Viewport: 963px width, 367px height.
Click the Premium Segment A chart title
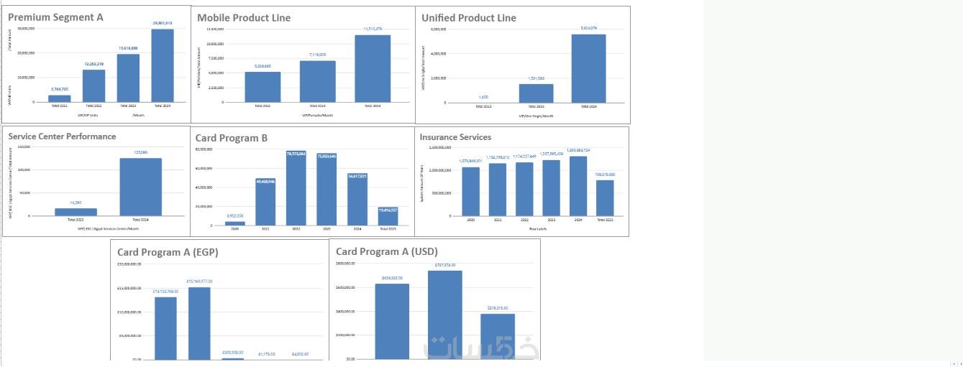(55, 17)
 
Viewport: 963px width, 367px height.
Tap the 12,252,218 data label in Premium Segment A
(93, 64)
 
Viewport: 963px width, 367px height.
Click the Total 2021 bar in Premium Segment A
(60, 98)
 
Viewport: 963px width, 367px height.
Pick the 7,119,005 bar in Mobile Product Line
(318, 81)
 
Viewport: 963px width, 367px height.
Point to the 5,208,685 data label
(263, 66)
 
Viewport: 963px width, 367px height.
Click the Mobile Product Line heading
(244, 17)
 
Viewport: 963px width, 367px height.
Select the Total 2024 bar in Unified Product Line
(588, 68)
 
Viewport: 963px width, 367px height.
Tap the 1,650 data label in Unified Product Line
(483, 97)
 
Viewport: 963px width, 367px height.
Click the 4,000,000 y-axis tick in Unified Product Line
(439, 53)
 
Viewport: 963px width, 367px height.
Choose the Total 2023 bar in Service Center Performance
(76, 212)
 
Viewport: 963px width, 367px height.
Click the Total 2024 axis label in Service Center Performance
(141, 220)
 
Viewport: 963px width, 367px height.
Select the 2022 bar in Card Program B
(296, 188)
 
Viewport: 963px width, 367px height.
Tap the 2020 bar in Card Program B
(234, 223)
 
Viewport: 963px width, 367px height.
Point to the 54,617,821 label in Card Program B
(357, 175)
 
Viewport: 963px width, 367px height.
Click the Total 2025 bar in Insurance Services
(605, 198)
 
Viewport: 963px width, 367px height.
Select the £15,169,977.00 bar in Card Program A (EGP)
(199, 323)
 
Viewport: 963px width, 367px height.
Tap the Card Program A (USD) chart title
(386, 251)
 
